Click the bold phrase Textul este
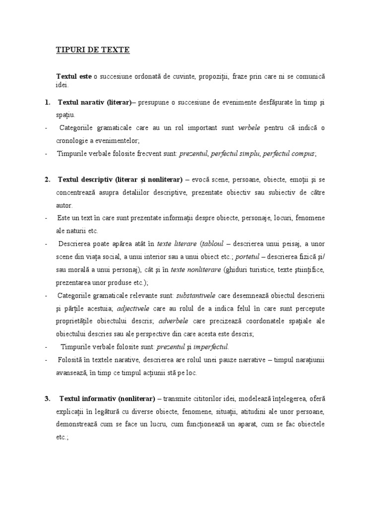(x=73, y=76)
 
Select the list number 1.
(x=47, y=102)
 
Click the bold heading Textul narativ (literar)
(x=94, y=102)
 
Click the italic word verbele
(x=249, y=128)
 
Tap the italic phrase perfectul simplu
(x=235, y=154)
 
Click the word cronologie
(x=76, y=141)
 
